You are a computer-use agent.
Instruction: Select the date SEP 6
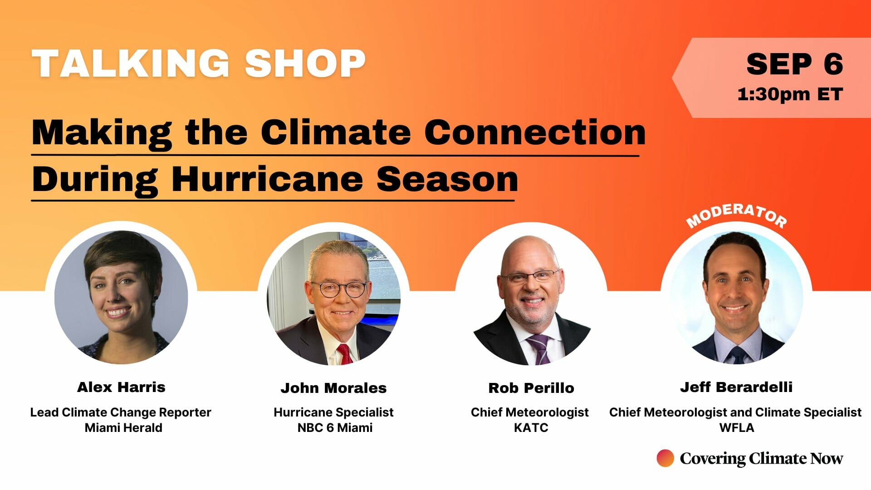[x=794, y=64]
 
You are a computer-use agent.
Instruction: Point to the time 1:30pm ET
[x=790, y=94]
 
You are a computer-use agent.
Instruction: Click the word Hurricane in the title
[x=267, y=179]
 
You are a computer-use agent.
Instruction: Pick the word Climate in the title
[x=336, y=132]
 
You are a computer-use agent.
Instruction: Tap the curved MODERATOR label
[x=736, y=215]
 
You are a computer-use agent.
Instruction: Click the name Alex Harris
[x=121, y=387]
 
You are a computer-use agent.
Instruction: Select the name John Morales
[x=333, y=388]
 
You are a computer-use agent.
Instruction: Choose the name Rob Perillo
[x=531, y=388]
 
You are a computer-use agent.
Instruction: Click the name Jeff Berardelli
[x=736, y=387]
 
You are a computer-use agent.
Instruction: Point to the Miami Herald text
[x=123, y=427]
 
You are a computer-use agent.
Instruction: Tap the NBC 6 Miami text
[x=335, y=427]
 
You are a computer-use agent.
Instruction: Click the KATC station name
[x=531, y=427]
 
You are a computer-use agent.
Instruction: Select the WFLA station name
[x=737, y=427]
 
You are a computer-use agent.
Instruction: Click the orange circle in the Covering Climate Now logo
[x=665, y=458]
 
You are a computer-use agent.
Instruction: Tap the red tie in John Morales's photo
[x=345, y=354]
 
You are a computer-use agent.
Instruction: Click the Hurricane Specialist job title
[x=333, y=412]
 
